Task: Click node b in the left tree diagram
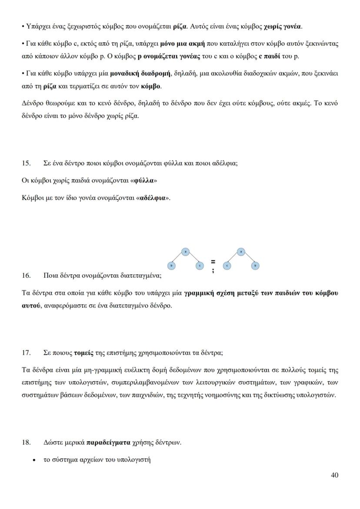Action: [172, 266]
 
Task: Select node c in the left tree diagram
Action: [200, 266]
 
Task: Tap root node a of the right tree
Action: [241, 251]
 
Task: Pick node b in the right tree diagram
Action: [256, 266]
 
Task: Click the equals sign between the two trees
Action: [213, 262]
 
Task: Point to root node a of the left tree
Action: [186, 251]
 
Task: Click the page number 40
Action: [334, 475]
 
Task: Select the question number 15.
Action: [26, 163]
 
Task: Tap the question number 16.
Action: [26, 276]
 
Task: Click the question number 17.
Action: [26, 353]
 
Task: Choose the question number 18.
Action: [26, 443]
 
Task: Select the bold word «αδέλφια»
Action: [152, 198]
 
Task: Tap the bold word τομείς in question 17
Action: [83, 353]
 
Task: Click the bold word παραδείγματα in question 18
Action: [108, 443]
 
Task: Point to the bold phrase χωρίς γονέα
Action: [283, 27]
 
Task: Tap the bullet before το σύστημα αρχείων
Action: [34, 460]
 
